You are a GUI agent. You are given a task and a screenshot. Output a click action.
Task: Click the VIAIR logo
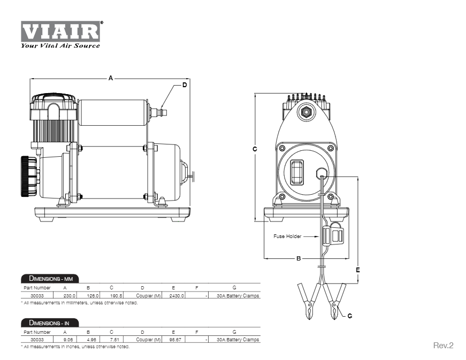[x=60, y=33]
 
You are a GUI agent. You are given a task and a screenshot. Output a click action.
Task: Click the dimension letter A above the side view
[x=111, y=78]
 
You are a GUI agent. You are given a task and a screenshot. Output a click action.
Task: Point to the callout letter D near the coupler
[x=185, y=85]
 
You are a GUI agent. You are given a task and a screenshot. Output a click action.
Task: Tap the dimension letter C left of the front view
[x=255, y=149]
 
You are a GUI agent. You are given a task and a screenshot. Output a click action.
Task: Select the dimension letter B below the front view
[x=299, y=258]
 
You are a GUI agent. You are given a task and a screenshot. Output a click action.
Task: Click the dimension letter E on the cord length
[x=357, y=270]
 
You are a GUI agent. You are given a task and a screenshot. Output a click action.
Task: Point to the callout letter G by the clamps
[x=349, y=316]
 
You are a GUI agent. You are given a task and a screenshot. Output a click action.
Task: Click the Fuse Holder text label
[x=287, y=236]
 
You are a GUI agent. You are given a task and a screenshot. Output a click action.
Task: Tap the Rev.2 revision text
[x=443, y=346]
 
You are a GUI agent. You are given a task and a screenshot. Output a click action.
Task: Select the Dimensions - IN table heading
[x=50, y=323]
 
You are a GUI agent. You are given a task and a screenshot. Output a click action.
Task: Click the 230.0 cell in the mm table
[x=70, y=295]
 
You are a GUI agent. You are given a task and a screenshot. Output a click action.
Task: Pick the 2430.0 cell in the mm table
[x=177, y=295]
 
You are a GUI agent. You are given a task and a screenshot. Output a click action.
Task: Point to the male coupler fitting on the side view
[x=158, y=112]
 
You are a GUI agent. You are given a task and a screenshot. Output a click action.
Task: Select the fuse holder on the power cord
[x=332, y=235]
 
